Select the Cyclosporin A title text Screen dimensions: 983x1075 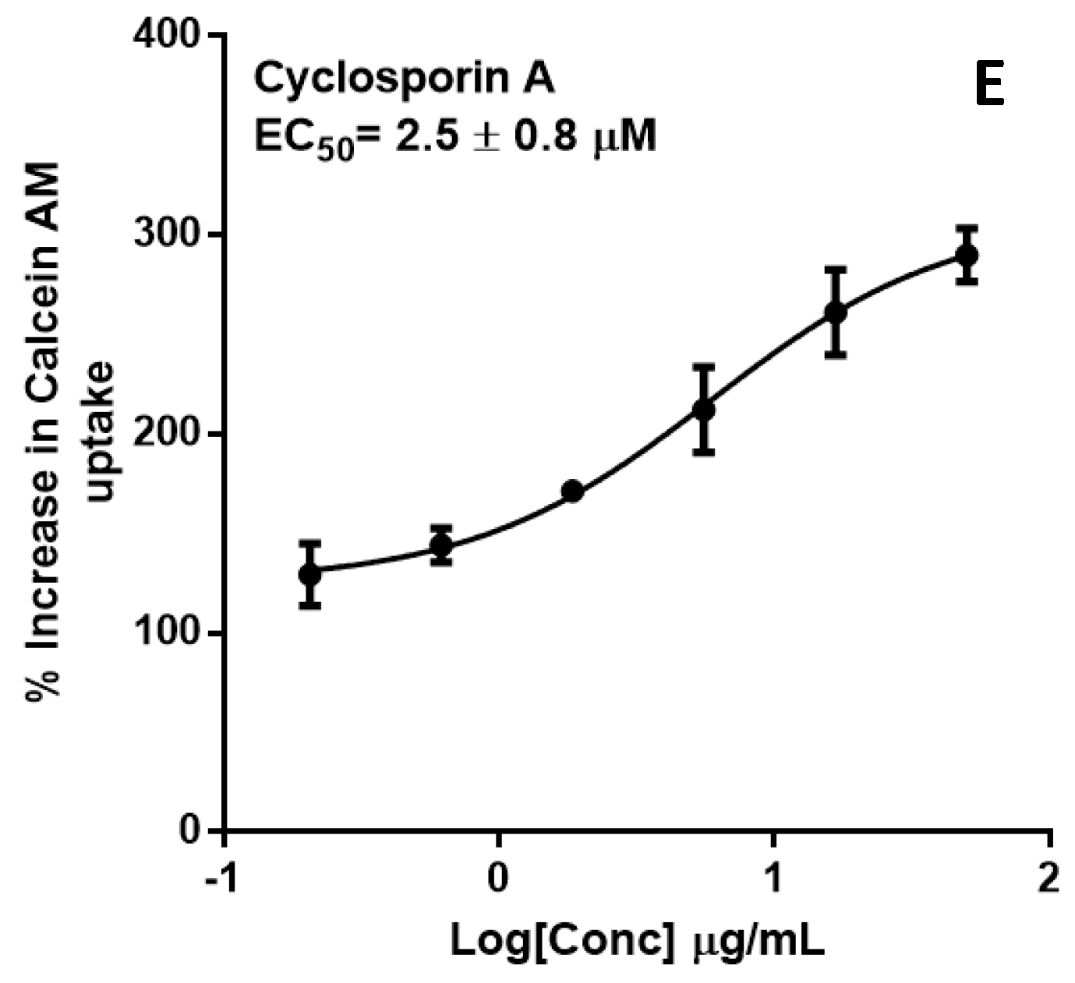405,79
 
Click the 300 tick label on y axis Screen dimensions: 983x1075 168,234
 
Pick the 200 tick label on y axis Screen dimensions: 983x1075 168,433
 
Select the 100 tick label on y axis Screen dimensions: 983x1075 168,632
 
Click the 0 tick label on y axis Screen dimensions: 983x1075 190,831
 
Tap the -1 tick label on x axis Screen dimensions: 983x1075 224,879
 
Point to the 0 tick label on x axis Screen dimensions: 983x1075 498,879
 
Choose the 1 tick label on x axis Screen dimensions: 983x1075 773,879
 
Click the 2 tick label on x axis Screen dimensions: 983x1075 1049,879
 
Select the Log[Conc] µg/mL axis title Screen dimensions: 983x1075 637,942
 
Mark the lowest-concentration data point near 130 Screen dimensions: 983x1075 310,575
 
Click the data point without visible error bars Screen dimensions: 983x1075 573,491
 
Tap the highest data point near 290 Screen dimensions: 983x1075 967,255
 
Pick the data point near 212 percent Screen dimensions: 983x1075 704,409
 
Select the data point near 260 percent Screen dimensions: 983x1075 836,312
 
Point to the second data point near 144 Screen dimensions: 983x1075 441,544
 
